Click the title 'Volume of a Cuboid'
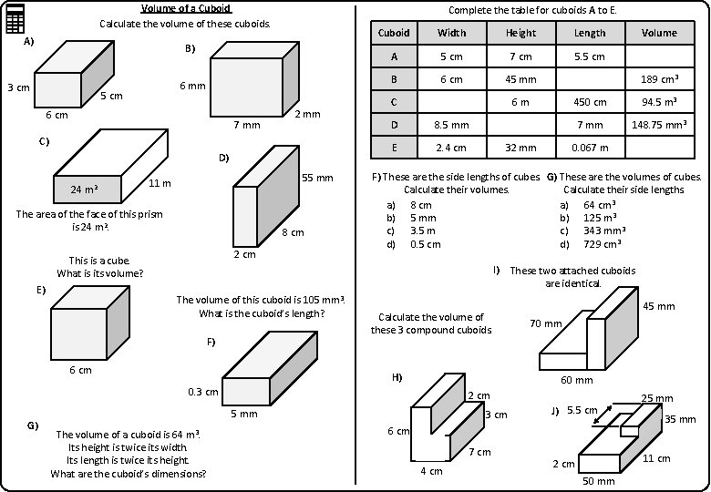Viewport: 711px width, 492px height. coord(185,8)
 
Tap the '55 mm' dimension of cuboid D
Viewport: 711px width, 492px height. coord(318,177)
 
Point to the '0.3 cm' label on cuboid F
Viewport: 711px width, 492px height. coord(202,392)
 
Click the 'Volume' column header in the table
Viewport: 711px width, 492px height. coord(659,33)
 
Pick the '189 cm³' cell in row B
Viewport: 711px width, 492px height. coord(659,79)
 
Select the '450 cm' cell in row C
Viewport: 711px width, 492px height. coord(590,102)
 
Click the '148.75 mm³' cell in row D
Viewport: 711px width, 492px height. coord(659,125)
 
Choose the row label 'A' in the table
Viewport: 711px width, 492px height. coord(394,56)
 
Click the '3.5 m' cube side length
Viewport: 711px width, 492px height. coord(422,231)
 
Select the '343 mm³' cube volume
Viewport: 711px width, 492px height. coord(603,231)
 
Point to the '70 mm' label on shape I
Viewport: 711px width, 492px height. coord(545,323)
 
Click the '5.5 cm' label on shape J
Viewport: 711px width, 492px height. coord(582,410)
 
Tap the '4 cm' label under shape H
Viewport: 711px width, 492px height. coord(431,471)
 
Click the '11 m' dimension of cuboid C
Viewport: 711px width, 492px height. coord(160,183)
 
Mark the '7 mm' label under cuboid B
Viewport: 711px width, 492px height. coord(246,124)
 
